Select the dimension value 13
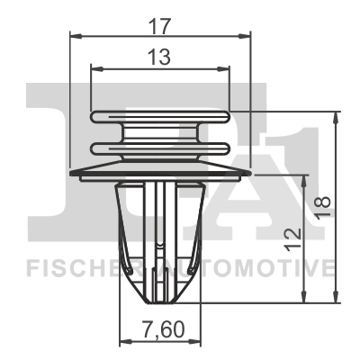(160, 57)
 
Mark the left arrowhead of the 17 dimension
(75, 37)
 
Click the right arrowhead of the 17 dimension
(245, 37)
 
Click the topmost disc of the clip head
(160, 116)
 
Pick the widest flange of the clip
(160, 170)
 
